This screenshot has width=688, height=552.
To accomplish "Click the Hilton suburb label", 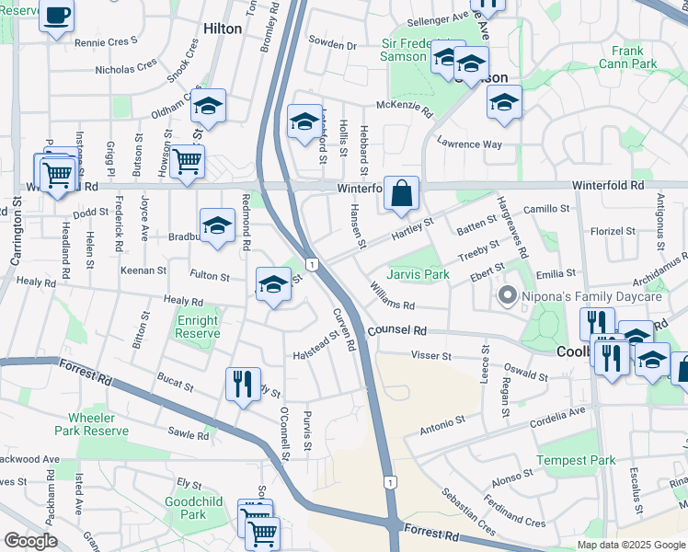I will point(222,29).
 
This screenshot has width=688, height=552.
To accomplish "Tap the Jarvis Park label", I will point(418,274).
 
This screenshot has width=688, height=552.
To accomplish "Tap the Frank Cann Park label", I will point(627,58).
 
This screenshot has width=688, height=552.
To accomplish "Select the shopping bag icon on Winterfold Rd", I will point(402,193).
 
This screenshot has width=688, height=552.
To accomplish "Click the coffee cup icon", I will point(57,17).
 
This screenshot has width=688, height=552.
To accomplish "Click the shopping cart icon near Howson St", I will point(187,163).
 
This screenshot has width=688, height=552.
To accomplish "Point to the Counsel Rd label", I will point(397,329).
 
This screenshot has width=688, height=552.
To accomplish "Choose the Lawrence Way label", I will point(469,144).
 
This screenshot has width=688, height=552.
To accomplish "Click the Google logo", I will point(31,541).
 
